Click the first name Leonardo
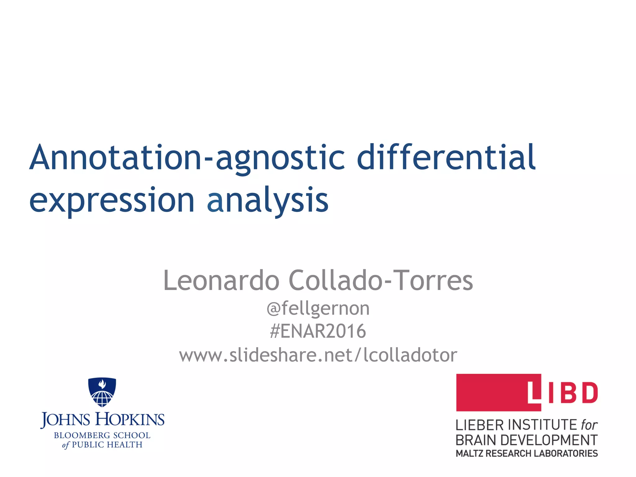tap(221, 280)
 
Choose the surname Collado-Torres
tap(381, 280)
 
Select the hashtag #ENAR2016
tap(318, 331)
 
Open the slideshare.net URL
tap(318, 355)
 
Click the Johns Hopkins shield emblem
tap(102, 392)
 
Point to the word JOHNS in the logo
tap(65, 420)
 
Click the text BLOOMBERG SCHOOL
tap(102, 435)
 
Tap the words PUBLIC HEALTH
tap(107, 445)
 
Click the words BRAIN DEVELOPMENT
tap(527, 440)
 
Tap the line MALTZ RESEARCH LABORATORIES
tap(527, 453)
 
